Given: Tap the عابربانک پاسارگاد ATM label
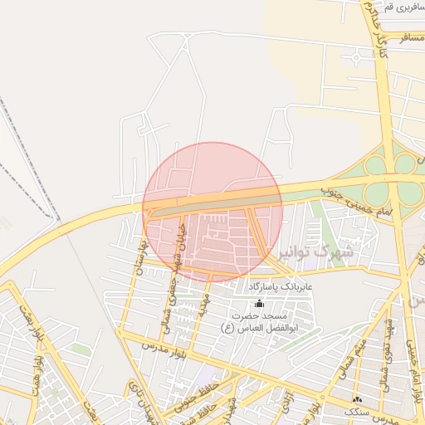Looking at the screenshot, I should pyautogui.click(x=279, y=286).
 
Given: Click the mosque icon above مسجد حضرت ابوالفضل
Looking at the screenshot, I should pyautogui.click(x=259, y=305).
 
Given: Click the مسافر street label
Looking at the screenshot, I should pyautogui.click(x=411, y=38).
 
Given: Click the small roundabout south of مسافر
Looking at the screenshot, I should pyautogui.click(x=355, y=57).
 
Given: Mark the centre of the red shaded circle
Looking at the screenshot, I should pyautogui.click(x=212, y=212).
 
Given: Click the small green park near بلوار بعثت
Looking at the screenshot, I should pyautogui.click(x=79, y=349).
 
